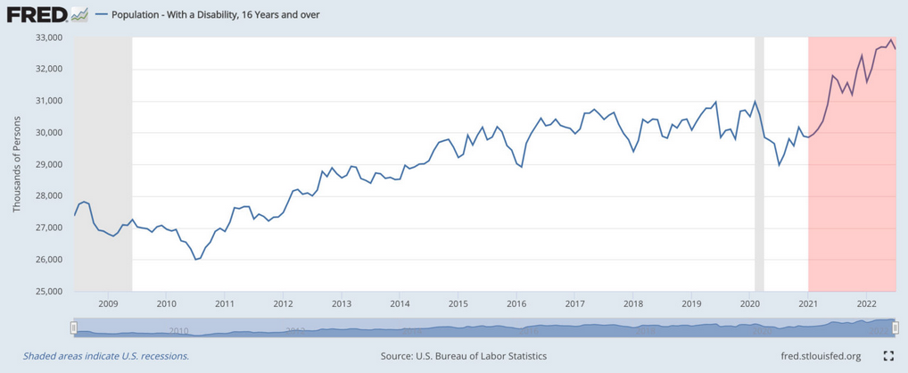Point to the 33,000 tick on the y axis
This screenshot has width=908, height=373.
point(46,37)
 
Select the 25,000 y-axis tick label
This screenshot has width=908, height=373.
point(46,292)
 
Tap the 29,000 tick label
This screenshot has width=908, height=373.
point(46,164)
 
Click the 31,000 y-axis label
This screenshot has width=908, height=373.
point(46,101)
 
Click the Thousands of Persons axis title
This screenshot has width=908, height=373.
point(16,164)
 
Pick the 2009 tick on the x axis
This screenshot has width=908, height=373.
point(107,303)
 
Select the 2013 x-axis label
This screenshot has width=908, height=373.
point(341,303)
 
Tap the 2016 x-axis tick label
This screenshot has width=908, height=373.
point(516,303)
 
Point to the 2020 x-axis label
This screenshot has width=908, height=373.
point(750,303)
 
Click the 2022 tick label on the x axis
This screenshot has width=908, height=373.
point(867,303)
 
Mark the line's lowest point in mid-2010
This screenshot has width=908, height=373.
point(195,259)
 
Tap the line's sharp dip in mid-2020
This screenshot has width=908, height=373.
point(780,164)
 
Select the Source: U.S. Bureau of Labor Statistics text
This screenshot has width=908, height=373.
point(463,356)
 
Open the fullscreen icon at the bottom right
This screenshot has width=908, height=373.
point(888,356)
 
